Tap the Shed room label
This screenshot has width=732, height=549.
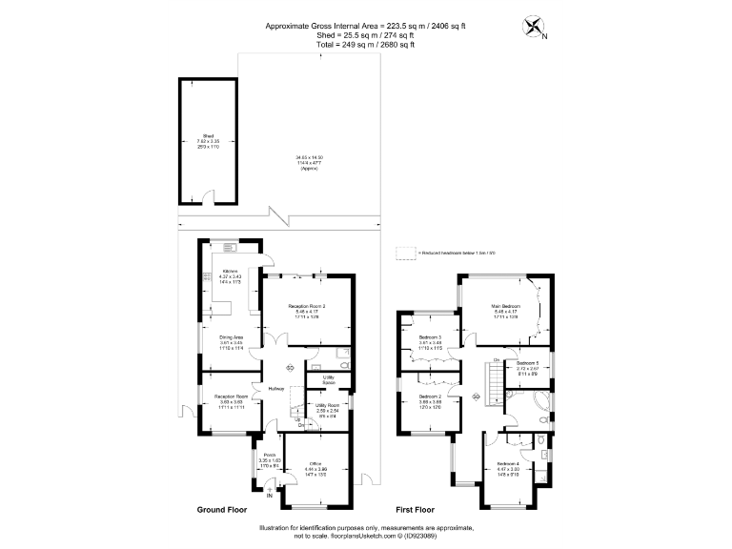(x=208, y=136)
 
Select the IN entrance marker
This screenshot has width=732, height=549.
(x=269, y=496)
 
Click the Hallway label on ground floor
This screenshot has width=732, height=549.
(x=275, y=388)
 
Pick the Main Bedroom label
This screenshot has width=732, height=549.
(x=506, y=306)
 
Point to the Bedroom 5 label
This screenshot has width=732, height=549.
(x=527, y=364)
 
